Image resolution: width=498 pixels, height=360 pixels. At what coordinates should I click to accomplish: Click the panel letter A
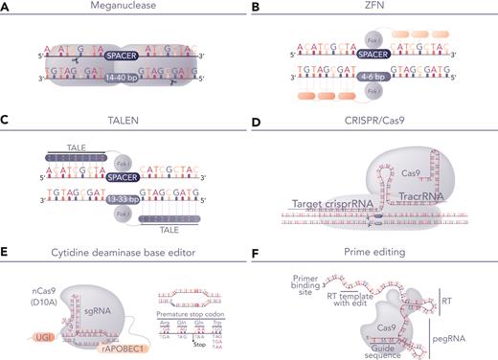pyautogui.click(x=7, y=9)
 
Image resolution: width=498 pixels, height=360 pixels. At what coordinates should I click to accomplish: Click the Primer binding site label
pyautogui.click(x=303, y=280)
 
